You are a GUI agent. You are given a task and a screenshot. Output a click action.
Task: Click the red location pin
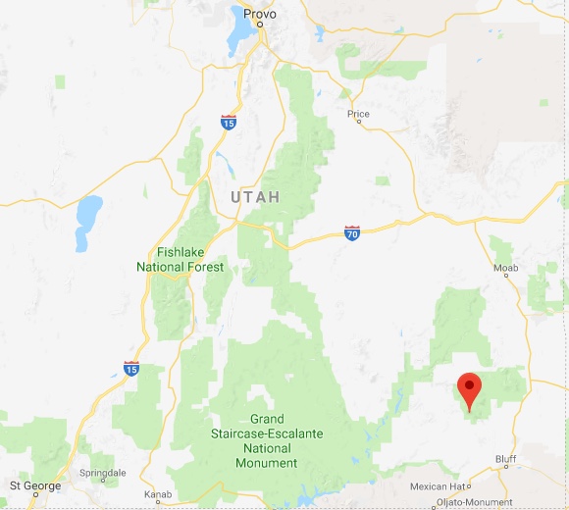[471, 390]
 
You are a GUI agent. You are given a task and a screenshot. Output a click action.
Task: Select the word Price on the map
[358, 115]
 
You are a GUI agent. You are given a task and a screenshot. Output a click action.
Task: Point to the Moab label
[506, 268]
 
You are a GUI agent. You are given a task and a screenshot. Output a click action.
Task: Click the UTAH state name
[255, 197]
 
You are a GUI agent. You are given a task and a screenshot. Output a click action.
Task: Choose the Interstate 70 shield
[352, 232]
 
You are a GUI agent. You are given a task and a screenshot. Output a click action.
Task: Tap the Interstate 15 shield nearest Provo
[228, 123]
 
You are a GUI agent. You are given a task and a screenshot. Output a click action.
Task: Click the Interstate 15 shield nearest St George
[131, 368]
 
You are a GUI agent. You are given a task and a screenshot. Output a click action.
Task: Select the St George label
[34, 485]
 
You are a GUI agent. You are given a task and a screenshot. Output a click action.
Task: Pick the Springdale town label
[103, 473]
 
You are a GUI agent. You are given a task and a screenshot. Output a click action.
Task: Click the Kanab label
[157, 493]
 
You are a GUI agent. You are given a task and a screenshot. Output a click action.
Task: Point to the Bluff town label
[506, 458]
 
